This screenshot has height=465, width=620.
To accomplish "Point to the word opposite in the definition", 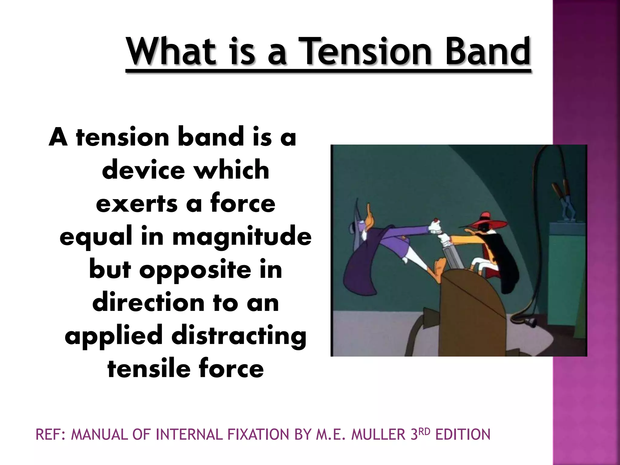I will (195, 270).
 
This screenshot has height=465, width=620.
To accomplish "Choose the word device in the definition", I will (143, 170).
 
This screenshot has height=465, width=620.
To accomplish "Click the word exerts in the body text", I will (137, 203).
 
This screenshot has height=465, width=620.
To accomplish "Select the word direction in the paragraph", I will (148, 303).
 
